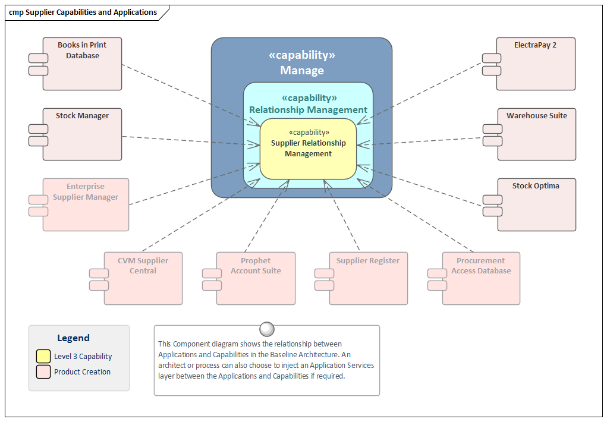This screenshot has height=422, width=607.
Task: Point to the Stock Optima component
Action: click(536, 205)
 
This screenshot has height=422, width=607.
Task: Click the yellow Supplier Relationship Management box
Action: click(308, 149)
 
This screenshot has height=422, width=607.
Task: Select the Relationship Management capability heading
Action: click(308, 109)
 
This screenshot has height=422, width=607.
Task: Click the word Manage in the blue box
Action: click(302, 71)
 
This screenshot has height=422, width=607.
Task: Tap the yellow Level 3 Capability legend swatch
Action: click(43, 357)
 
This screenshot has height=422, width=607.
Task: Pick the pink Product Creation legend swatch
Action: click(43, 372)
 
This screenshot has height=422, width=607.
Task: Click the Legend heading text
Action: click(73, 338)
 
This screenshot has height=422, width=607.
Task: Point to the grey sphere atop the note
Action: click(267, 329)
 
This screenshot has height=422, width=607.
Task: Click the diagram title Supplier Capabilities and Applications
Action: click(83, 12)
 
